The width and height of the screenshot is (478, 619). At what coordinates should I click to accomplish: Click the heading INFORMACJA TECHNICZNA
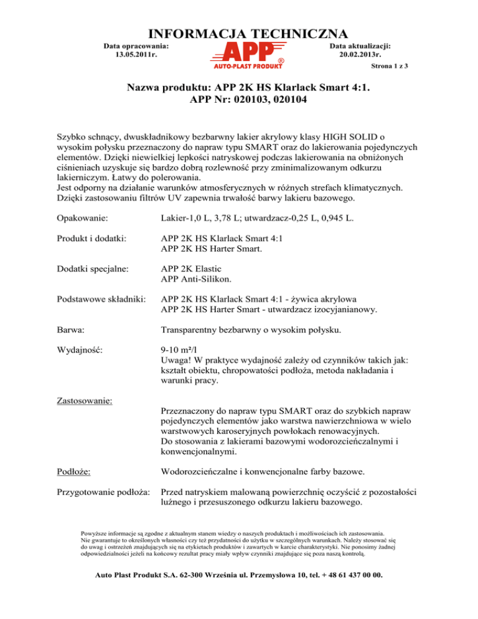[239, 32]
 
